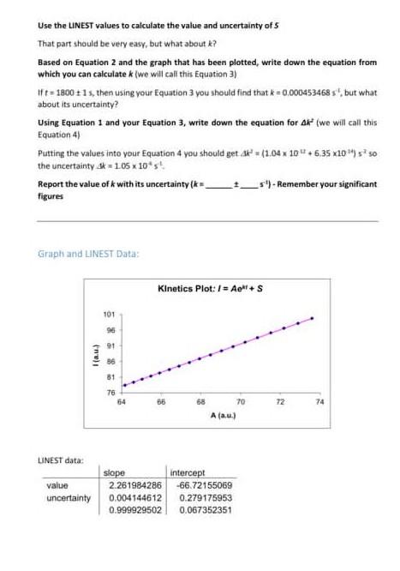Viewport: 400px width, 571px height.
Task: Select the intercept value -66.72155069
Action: (x=200, y=485)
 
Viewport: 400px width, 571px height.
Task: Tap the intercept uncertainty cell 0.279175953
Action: (x=200, y=497)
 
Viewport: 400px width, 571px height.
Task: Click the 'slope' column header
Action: (x=114, y=473)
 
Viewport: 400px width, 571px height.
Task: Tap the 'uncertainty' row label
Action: (x=69, y=497)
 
